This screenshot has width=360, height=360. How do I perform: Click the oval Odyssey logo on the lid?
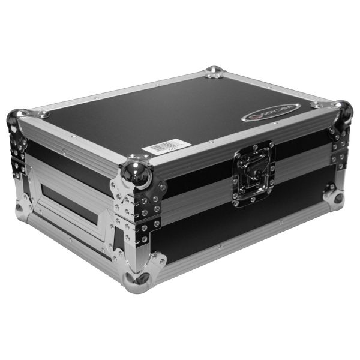point(271,112)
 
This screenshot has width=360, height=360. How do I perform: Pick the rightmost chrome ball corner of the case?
point(344,111)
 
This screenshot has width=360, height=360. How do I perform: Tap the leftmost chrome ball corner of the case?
point(16,120)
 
